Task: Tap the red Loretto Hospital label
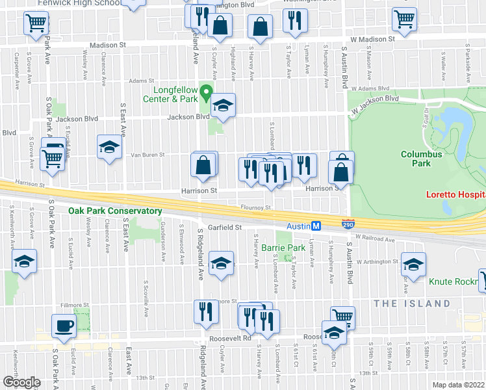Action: pyautogui.click(x=455, y=194)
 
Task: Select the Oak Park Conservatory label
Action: pyautogui.click(x=115, y=211)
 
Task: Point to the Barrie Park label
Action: pyautogui.click(x=283, y=248)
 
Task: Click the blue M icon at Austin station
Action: pyautogui.click(x=316, y=226)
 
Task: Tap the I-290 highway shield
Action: pyautogui.click(x=348, y=222)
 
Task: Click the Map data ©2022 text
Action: pyautogui.click(x=458, y=385)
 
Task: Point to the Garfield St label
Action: pyautogui.click(x=225, y=227)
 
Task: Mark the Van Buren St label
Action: pyautogui.click(x=148, y=155)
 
